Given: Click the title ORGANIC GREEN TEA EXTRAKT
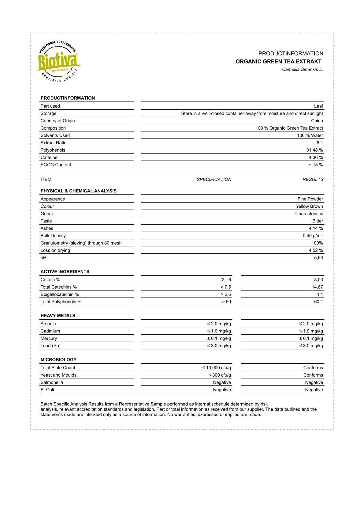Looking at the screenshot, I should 278,62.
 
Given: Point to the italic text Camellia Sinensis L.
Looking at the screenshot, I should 302,70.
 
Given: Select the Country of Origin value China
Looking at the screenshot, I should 317,121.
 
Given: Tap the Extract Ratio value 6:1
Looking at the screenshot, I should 320,143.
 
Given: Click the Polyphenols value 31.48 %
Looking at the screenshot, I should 314,150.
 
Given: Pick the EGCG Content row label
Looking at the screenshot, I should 56,165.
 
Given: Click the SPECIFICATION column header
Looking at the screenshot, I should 214,180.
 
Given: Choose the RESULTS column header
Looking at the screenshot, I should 313,180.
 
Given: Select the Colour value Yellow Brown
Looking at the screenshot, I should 309,207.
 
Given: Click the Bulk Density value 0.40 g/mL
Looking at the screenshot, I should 313,236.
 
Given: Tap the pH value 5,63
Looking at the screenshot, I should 318,258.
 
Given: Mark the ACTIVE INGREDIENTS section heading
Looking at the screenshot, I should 65,272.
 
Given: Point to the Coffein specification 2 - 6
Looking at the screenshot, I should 226,280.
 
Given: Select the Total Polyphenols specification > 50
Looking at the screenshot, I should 226,302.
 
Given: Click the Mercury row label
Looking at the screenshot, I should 49,339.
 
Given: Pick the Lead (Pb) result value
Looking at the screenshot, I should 311,346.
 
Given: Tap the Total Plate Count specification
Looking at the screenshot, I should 217,368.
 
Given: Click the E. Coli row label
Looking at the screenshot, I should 47,390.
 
